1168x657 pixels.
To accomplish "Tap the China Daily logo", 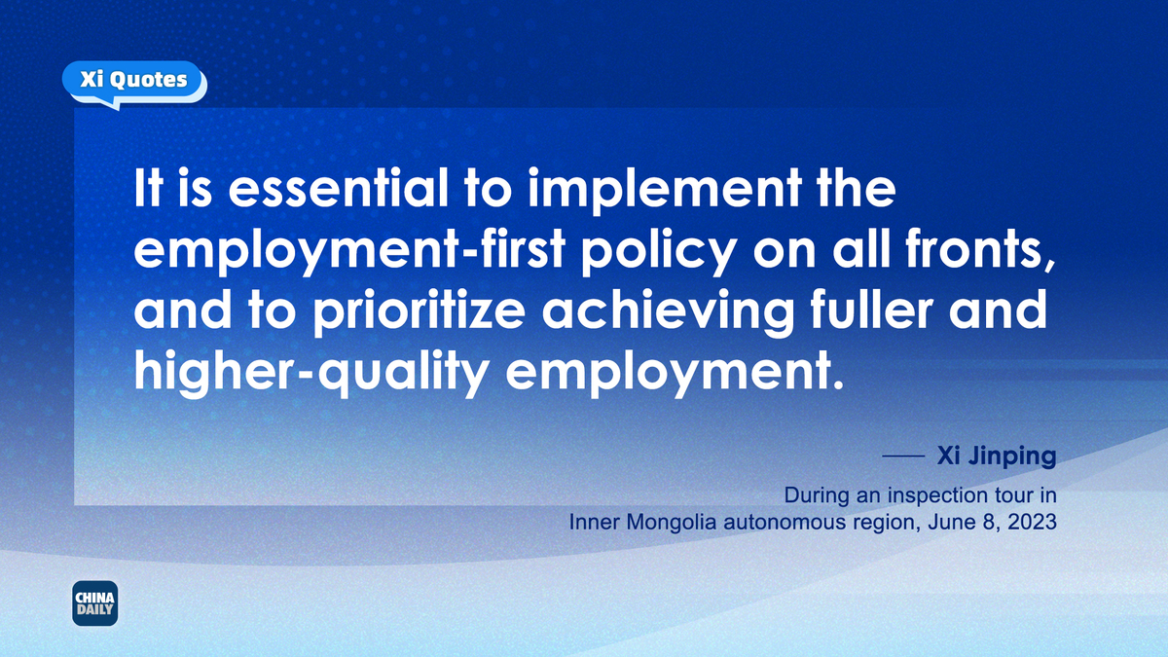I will tap(95, 603).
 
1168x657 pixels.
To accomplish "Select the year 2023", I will tap(1033, 522).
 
